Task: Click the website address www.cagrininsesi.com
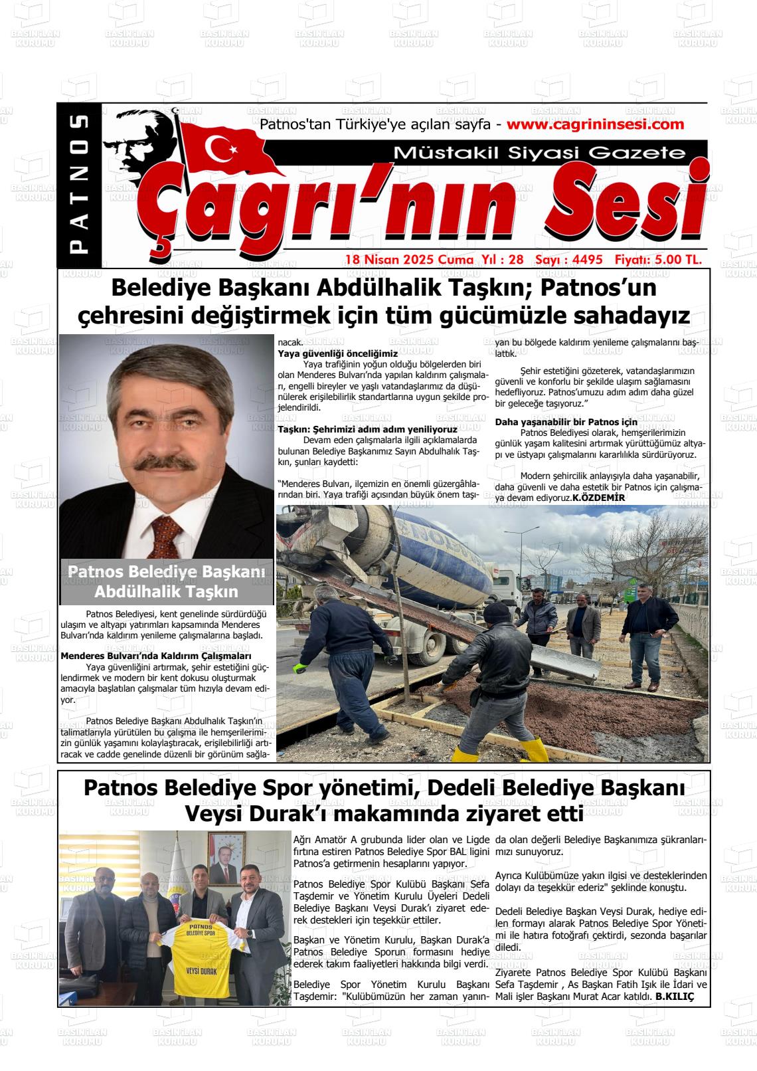click(x=594, y=124)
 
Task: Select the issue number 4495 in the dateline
click(x=585, y=260)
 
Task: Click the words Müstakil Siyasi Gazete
click(x=539, y=153)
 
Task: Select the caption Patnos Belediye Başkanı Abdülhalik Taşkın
click(x=166, y=581)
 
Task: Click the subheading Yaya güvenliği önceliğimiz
click(x=337, y=353)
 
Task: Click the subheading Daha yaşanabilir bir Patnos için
click(x=566, y=422)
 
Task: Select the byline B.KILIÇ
click(x=674, y=997)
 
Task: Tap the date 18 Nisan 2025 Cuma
click(x=408, y=260)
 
